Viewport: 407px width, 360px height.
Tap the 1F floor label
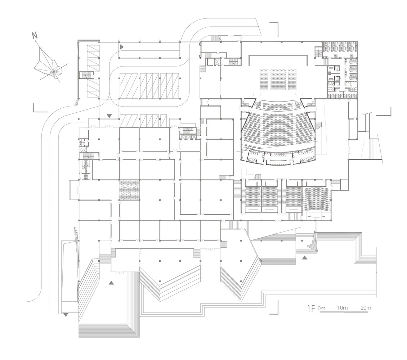pos(311,309)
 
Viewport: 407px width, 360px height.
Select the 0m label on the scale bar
pos(322,308)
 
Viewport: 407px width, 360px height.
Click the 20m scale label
pos(365,308)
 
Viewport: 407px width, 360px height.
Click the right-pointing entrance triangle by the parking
pos(122,47)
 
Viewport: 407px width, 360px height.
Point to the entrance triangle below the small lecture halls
pos(305,257)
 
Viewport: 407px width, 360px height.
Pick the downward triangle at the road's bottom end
pos(66,315)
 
